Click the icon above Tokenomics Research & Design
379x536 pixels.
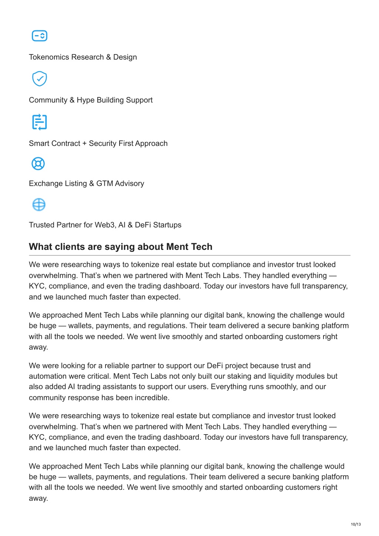coord(40,36)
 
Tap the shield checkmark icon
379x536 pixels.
coord(40,79)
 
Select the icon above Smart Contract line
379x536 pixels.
coord(40,122)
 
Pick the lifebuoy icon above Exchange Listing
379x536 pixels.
coord(38,163)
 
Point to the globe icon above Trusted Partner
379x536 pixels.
coord(39,204)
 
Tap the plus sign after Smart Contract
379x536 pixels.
coord(84,144)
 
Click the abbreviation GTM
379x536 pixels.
coord(105,184)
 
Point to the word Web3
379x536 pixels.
coord(105,225)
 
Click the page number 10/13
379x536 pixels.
coord(356,524)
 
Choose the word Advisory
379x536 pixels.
coord(129,184)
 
